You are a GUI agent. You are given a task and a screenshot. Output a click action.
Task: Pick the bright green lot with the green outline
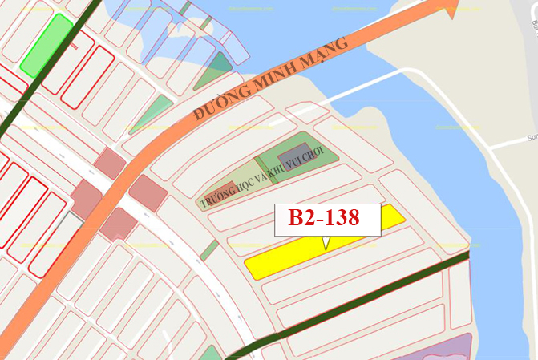point(47,45)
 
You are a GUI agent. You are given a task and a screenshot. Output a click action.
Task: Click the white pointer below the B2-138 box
point(325,241)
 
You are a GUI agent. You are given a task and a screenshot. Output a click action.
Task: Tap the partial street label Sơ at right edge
point(532,138)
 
